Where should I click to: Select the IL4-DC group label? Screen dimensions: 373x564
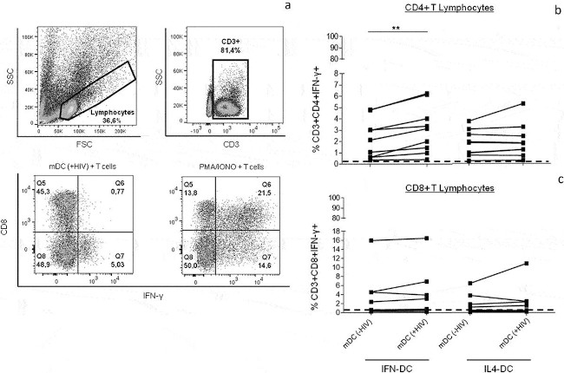coord(500,367)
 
